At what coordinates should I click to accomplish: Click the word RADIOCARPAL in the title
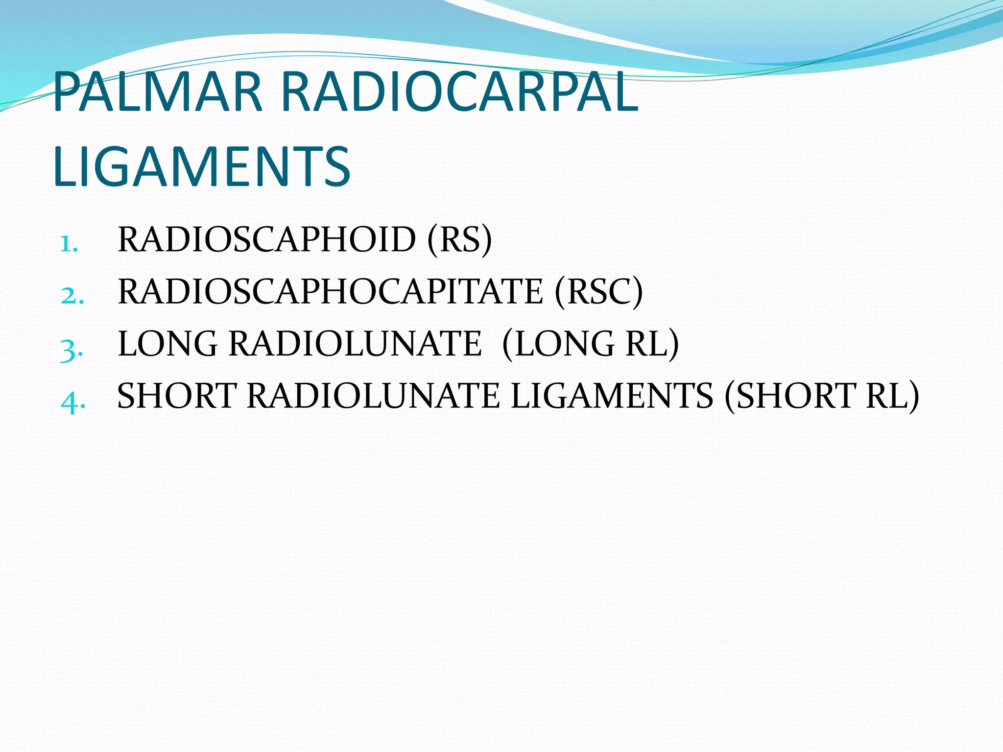tap(459, 92)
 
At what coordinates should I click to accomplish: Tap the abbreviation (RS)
tap(459, 240)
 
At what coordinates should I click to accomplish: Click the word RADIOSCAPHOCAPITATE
tap(331, 292)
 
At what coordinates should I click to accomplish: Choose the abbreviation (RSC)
tap(598, 292)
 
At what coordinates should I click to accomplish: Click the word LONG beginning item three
tap(167, 344)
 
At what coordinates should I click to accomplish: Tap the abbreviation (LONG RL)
tap(591, 344)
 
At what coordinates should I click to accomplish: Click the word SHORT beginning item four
tap(177, 396)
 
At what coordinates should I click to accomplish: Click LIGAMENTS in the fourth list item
tap(612, 396)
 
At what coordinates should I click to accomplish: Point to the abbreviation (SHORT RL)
tap(821, 396)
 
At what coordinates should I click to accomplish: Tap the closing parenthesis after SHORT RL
tap(913, 397)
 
